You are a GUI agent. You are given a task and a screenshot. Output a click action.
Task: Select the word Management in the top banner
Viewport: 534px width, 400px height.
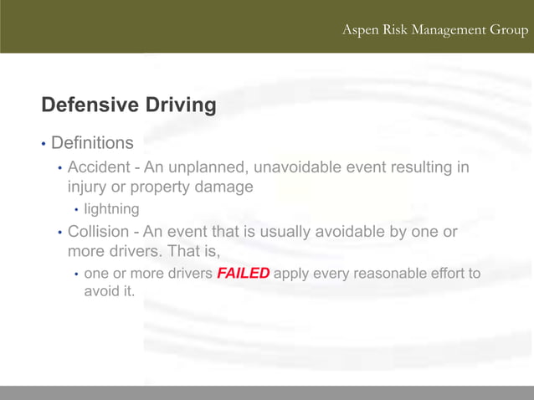[x=447, y=30]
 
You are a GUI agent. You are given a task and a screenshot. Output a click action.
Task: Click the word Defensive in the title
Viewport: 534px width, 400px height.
[x=90, y=105]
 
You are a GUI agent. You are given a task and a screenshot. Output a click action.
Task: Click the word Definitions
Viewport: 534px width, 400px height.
[x=92, y=145]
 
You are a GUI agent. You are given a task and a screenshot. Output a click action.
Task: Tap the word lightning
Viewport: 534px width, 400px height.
[x=111, y=208]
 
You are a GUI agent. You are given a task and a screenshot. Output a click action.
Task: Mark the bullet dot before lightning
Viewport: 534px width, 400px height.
[x=76, y=209]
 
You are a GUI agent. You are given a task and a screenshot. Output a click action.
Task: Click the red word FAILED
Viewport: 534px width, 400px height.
[x=244, y=274]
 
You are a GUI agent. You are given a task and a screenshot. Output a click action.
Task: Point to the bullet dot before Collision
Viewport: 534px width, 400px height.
[x=59, y=232]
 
